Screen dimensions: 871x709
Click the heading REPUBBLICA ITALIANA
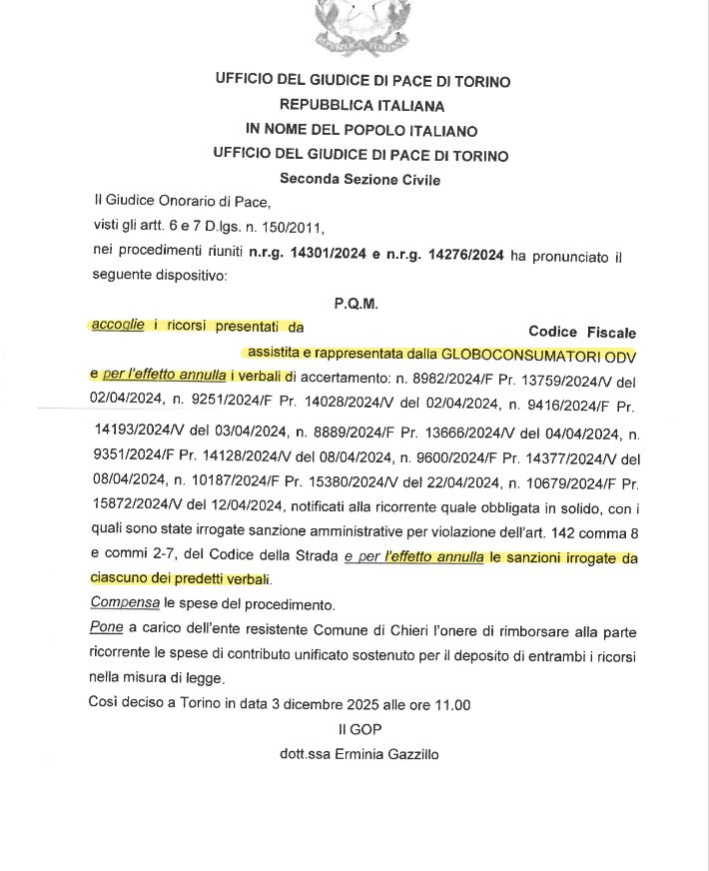[x=361, y=105]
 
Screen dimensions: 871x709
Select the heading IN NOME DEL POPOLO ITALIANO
[x=361, y=131]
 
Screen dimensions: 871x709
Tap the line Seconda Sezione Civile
[x=360, y=180]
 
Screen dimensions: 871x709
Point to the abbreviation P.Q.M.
[x=356, y=303]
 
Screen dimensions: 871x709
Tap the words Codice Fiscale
[x=582, y=332]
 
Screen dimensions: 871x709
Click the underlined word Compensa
[x=125, y=603]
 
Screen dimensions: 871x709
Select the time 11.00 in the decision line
[x=451, y=705]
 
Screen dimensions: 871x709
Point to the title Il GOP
[x=360, y=730]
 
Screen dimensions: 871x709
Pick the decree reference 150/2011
[x=291, y=229]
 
